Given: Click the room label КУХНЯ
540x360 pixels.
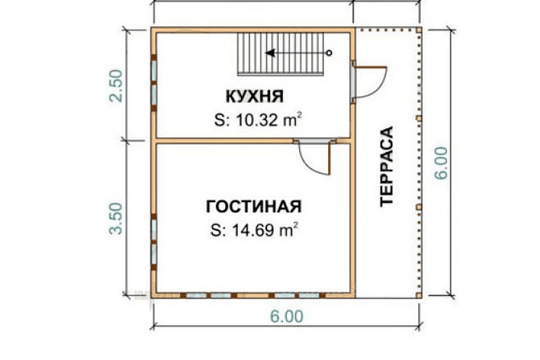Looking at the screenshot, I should (x=254, y=98).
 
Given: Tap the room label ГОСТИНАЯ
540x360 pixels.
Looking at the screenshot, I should (x=253, y=207).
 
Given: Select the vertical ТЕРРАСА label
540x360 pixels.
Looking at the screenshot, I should (x=387, y=166).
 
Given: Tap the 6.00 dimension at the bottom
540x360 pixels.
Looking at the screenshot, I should (x=286, y=316).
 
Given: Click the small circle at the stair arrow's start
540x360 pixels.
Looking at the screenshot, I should (x=329, y=52).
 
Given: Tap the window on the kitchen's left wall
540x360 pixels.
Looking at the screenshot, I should (x=154, y=82).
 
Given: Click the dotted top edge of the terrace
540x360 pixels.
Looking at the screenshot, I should (x=386, y=29).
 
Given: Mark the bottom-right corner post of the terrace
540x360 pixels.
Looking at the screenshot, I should (x=418, y=295).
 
